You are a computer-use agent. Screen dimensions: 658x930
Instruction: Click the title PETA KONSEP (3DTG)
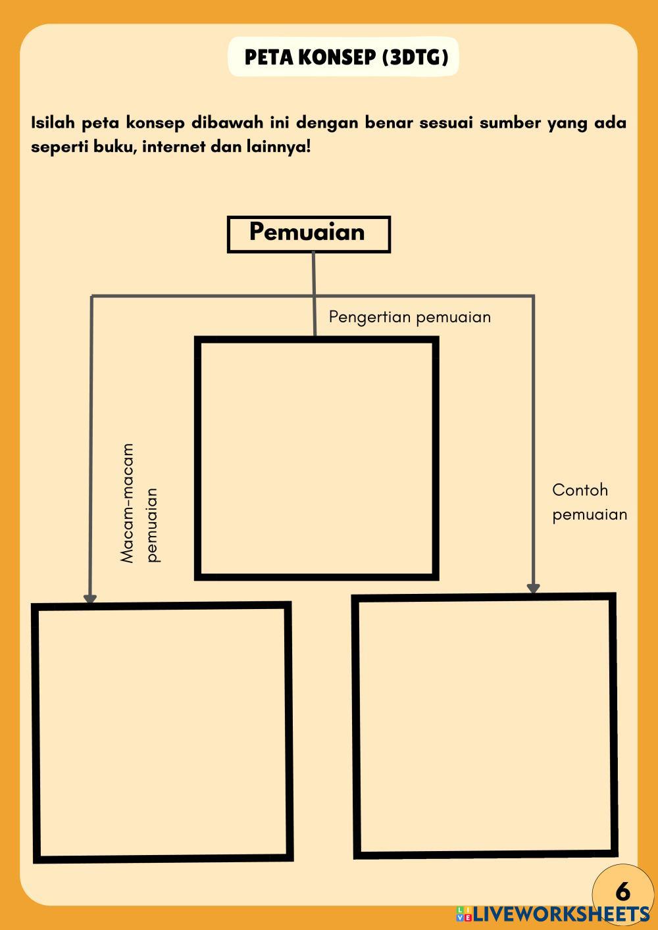[x=346, y=57]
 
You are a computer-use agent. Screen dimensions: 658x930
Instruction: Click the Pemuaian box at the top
[x=308, y=233]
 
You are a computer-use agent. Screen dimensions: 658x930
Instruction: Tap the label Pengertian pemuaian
[x=409, y=317]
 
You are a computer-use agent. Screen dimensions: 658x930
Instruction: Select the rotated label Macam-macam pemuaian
[x=139, y=503]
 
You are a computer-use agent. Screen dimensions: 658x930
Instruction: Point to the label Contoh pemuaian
[x=589, y=502]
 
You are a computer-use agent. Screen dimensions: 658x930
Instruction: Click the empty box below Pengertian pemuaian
[x=316, y=458]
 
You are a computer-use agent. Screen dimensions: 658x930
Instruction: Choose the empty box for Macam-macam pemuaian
[x=163, y=731]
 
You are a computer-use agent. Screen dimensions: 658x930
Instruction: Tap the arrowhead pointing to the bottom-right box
[x=534, y=588]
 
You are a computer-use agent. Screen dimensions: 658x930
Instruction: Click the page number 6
[x=622, y=892]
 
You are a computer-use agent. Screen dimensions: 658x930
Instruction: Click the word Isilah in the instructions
[x=53, y=123]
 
